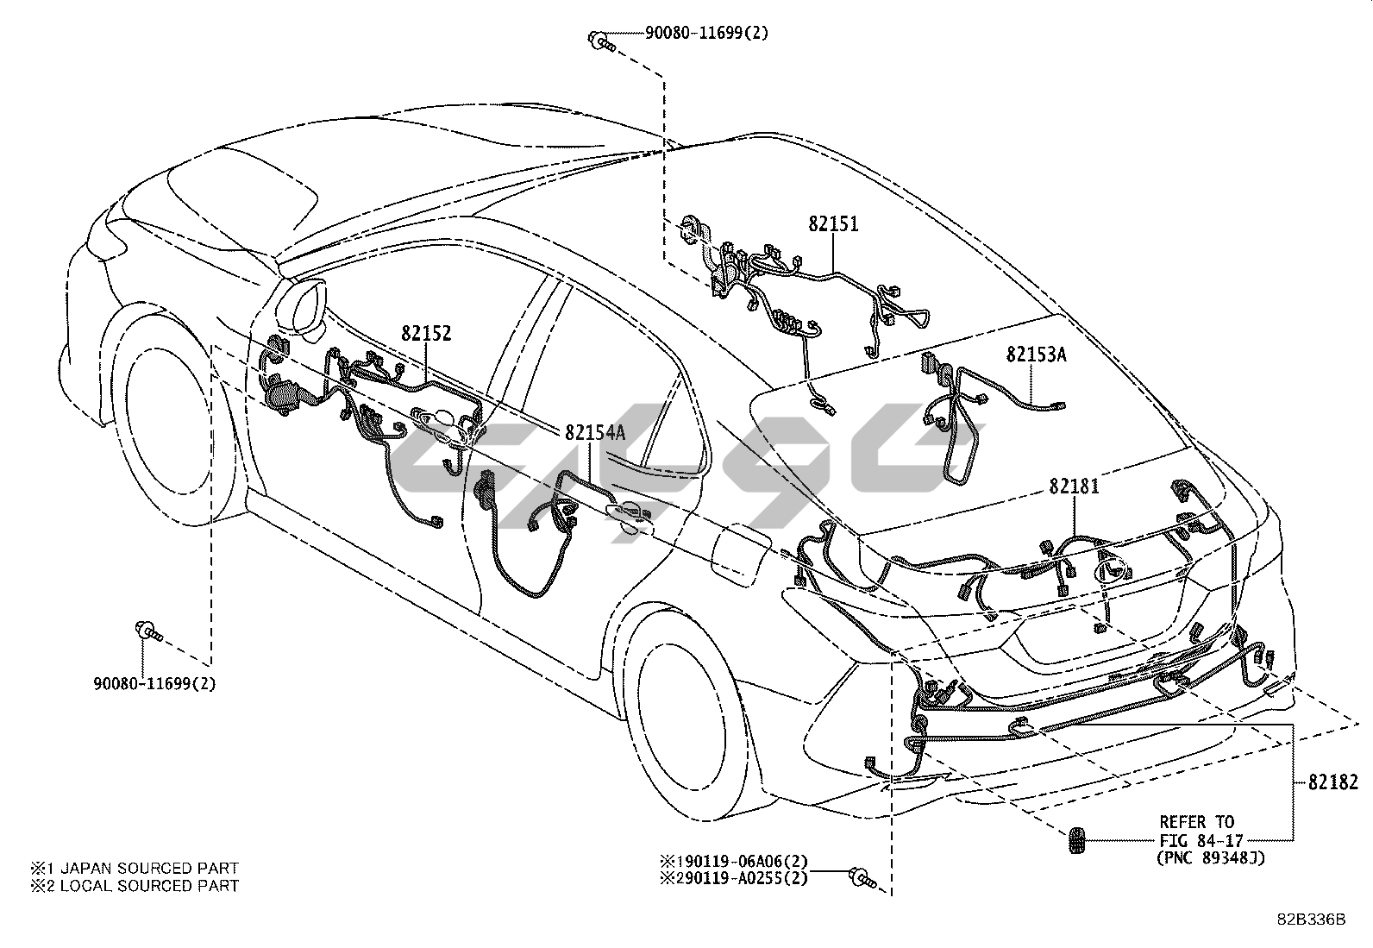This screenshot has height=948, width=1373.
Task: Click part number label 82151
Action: [833, 224]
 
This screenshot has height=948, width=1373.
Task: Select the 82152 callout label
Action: [425, 333]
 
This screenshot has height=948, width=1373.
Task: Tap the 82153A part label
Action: [1036, 354]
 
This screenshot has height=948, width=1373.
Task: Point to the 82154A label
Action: [595, 432]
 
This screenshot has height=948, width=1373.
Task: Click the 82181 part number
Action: [1074, 487]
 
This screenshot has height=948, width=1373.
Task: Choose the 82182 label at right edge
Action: [1332, 782]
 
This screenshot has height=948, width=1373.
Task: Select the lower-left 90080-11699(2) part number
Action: [154, 684]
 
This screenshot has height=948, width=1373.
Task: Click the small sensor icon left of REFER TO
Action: [1075, 840]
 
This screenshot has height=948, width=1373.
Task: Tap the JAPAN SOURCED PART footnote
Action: [135, 868]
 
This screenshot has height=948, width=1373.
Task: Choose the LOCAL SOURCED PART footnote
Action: [135, 885]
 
